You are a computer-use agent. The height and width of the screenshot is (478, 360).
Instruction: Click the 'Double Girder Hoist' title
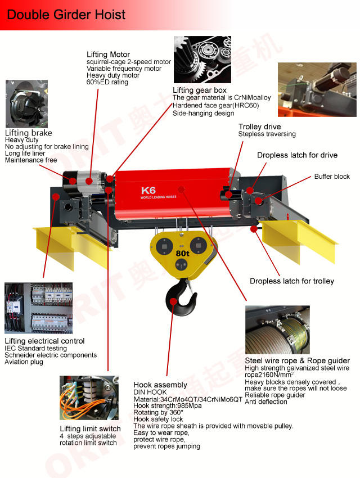[x=66, y=15]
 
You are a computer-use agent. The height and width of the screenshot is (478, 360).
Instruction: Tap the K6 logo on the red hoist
[x=148, y=191]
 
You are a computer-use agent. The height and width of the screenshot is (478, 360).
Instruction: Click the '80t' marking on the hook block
[x=182, y=253]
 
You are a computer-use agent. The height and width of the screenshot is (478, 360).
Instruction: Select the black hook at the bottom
[x=181, y=298]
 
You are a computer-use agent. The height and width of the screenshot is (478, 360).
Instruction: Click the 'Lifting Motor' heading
[x=108, y=55]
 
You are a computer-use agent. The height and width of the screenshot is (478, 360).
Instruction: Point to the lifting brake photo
[x=27, y=104]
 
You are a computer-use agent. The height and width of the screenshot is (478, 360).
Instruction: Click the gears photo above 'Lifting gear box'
[x=202, y=60]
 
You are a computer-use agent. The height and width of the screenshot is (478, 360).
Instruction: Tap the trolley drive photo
[x=317, y=89]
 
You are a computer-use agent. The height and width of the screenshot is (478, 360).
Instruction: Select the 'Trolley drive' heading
[x=259, y=127]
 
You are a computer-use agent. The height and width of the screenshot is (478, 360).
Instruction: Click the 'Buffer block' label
[x=332, y=177]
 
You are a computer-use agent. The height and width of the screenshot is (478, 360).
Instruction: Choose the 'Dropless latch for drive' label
[x=297, y=155]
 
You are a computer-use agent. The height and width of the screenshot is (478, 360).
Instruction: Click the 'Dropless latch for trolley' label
[x=292, y=281]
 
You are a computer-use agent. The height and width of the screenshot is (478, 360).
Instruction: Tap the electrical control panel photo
[x=39, y=308]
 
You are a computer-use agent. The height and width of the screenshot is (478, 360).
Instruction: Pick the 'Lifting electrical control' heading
[x=44, y=341]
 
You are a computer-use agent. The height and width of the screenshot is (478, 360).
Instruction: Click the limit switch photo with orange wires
[x=89, y=398]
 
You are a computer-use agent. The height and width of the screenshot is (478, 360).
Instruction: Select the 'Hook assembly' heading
[x=160, y=385]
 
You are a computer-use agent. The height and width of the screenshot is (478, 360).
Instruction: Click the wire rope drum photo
[x=277, y=330]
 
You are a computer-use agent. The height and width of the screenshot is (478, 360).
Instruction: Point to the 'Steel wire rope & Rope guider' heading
[x=297, y=360]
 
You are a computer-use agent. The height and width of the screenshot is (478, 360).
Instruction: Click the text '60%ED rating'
[x=107, y=82]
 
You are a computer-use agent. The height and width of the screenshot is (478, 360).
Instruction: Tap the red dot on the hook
[x=173, y=301]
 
